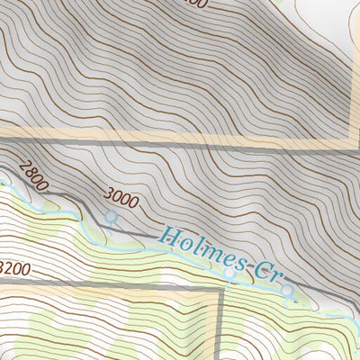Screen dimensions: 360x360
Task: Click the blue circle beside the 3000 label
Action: point(111,217)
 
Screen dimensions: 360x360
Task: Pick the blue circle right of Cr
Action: point(287,291)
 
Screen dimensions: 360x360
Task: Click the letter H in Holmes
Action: point(168,237)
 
